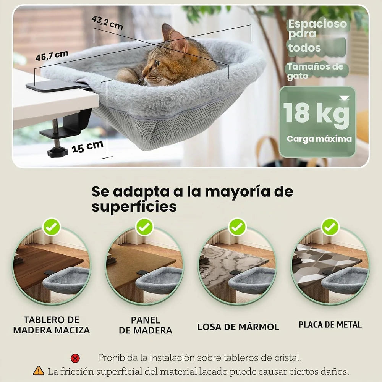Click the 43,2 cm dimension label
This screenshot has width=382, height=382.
click(x=107, y=23)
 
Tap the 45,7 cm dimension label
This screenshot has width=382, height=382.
click(x=52, y=56)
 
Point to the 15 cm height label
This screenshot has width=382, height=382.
click(x=87, y=147)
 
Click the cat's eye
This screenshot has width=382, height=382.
click(x=158, y=63)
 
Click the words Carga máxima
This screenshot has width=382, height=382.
click(x=319, y=139)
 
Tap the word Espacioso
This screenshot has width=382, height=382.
click(x=317, y=24)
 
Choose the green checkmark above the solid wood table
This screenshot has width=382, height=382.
click(x=52, y=227)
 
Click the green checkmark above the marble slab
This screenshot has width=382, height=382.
click(x=237, y=227)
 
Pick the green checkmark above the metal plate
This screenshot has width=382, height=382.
click(x=330, y=227)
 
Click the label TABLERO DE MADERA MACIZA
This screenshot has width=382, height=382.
click(x=52, y=325)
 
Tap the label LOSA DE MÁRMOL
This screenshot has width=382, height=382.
click(x=238, y=327)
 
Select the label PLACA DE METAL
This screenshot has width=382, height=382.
click(x=330, y=324)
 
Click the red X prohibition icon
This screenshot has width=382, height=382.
click(x=75, y=358)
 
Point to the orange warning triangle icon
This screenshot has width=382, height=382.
click(x=39, y=371)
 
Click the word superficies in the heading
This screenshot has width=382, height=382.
click(x=134, y=207)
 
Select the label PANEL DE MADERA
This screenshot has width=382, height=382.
click(x=146, y=325)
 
